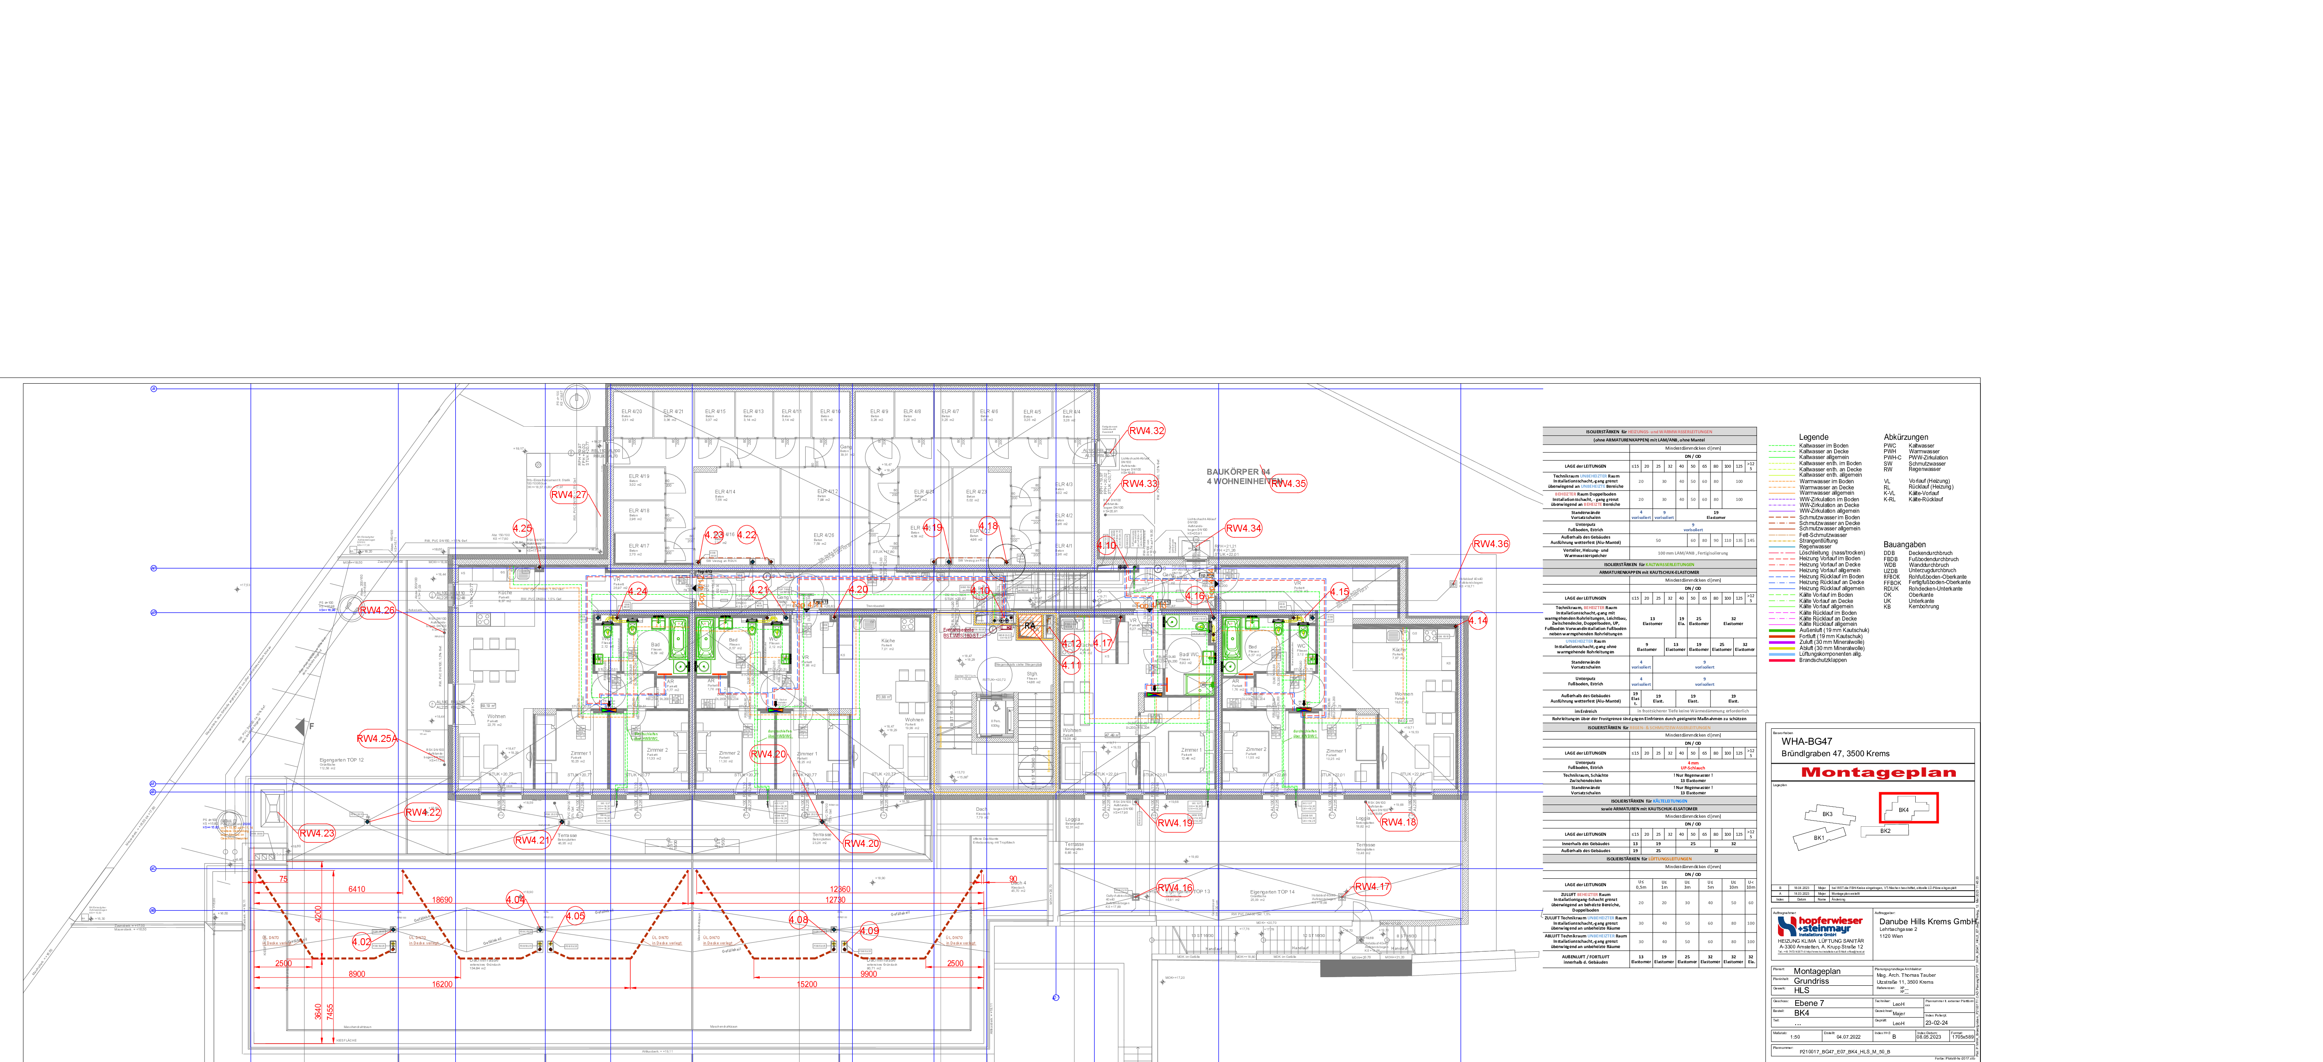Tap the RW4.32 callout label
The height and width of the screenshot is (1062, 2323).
coord(1146,431)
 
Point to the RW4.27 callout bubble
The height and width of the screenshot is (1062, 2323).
coord(568,494)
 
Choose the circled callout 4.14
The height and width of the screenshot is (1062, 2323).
coord(1477,621)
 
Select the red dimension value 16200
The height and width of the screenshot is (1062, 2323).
coord(442,985)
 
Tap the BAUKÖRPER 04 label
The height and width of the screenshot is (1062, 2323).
coord(1238,472)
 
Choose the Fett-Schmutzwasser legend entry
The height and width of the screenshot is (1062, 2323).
coord(1823,535)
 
